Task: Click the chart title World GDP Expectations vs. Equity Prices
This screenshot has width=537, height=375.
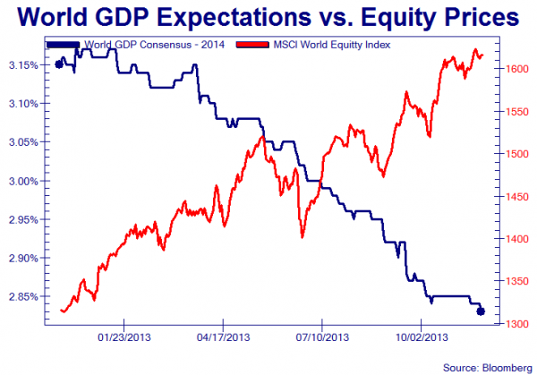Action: [x=268, y=18]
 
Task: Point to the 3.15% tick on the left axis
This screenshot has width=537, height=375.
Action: [x=21, y=65]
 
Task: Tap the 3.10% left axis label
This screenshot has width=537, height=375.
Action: [x=21, y=104]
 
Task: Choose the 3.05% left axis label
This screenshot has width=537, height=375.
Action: [x=21, y=142]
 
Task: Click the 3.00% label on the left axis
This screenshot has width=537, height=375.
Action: [x=21, y=181]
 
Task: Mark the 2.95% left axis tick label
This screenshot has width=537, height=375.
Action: [x=21, y=219]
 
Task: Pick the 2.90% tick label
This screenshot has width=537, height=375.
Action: [x=21, y=258]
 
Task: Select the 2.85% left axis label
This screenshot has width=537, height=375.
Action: [x=21, y=296]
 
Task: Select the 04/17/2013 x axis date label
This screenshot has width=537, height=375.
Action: [x=223, y=337]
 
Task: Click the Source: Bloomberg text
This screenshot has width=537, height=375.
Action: [x=487, y=367]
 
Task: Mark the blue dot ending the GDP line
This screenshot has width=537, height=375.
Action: [x=481, y=311]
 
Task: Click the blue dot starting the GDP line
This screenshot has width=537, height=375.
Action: [x=59, y=64]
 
